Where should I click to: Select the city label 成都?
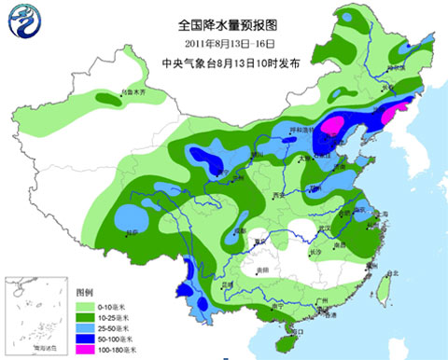(x=241, y=229)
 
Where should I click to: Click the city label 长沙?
(x=317, y=252)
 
